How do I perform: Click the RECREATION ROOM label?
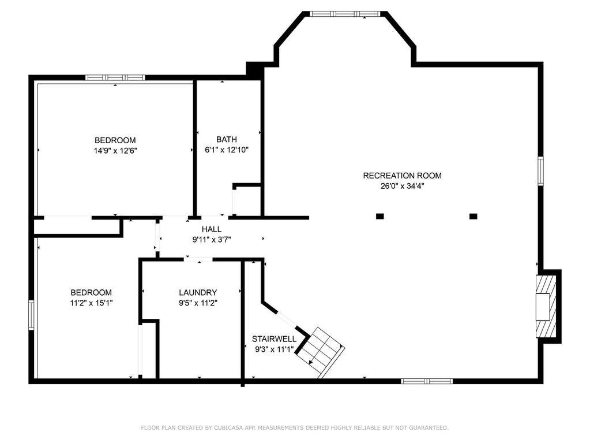[x=402, y=176]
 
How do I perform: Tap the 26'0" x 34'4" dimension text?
[x=402, y=186]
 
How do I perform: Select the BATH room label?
[x=227, y=139]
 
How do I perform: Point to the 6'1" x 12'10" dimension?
[x=227, y=150]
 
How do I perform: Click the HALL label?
[x=212, y=229]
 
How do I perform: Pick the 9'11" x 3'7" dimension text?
[x=212, y=239]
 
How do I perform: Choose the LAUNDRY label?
[x=198, y=293]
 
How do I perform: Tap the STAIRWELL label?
[x=274, y=339]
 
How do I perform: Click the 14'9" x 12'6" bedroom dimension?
[x=115, y=151]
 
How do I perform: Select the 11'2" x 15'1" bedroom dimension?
[x=91, y=303]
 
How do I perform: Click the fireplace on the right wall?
[x=546, y=306]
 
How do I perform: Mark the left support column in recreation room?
[x=379, y=217]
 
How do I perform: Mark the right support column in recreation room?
[x=473, y=217]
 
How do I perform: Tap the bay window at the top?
[x=345, y=13]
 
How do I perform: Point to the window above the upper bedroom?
[x=115, y=77]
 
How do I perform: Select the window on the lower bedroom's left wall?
[x=32, y=315]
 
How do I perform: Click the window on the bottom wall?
[x=427, y=381]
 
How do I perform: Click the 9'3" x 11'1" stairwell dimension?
[x=274, y=349]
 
